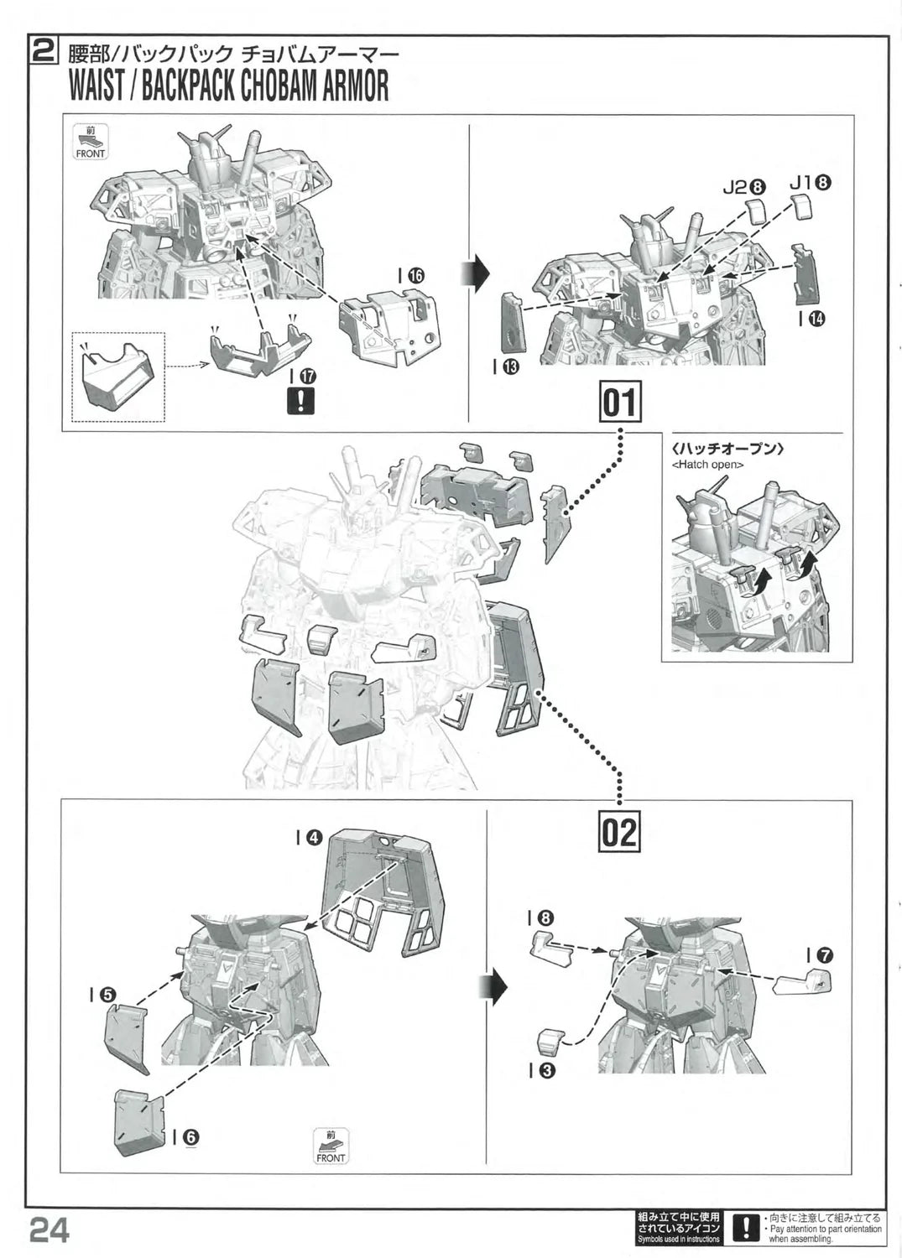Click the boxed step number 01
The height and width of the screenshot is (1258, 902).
[620, 403]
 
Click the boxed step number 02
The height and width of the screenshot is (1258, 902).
[620, 830]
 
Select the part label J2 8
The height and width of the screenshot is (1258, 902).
[744, 187]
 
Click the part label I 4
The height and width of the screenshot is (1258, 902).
[308, 838]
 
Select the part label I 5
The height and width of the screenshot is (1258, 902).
[102, 994]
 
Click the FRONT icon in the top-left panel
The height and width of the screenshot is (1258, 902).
[91, 142]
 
